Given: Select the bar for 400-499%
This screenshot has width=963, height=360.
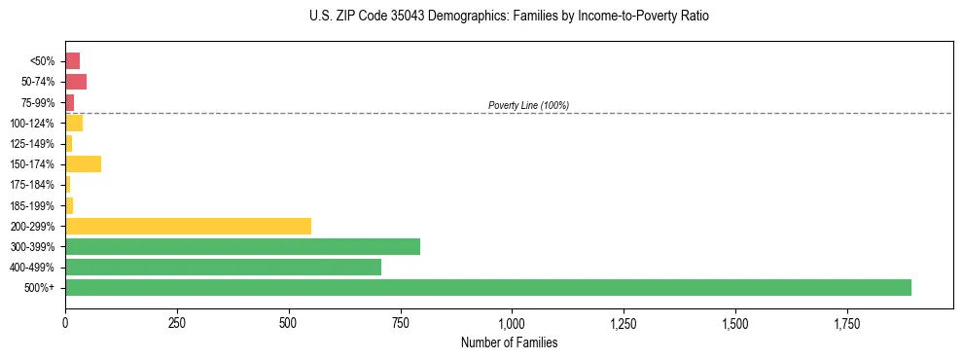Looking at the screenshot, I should pyautogui.click(x=224, y=267).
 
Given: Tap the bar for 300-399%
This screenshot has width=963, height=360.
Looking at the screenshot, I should pyautogui.click(x=243, y=246).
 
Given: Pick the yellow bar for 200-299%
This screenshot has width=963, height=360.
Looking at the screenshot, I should pyautogui.click(x=189, y=226).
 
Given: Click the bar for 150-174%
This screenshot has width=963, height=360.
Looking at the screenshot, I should pyautogui.click(x=84, y=163).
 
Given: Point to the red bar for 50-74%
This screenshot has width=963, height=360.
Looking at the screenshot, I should pyautogui.click(x=76, y=82).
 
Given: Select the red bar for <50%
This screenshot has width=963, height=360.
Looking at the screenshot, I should pyautogui.click(x=73, y=60).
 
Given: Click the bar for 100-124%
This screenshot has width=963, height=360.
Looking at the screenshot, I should pyautogui.click(x=74, y=123).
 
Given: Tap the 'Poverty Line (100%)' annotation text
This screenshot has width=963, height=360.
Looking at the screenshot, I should pyautogui.click(x=528, y=105).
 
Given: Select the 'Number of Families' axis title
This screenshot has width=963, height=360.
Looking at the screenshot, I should pyautogui.click(x=510, y=342).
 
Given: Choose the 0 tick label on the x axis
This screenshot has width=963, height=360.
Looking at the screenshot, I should pyautogui.click(x=65, y=323).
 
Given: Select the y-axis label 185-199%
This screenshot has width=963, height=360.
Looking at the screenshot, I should pyautogui.click(x=35, y=205).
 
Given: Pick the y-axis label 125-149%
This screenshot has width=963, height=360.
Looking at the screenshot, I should pyautogui.click(x=35, y=144).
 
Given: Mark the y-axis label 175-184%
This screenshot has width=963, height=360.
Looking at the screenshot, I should pyautogui.click(x=35, y=185).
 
